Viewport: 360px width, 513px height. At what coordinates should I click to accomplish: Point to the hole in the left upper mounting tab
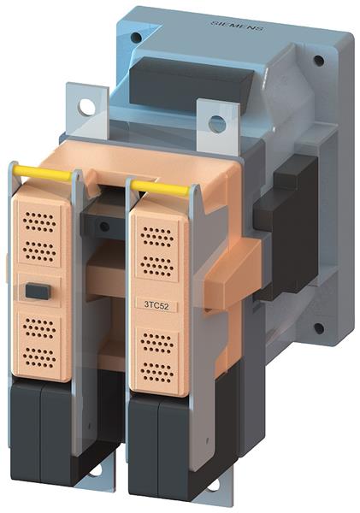coord(87,107)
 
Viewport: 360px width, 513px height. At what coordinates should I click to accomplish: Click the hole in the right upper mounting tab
coord(217,124)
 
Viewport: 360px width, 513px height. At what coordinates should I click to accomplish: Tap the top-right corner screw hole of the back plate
coord(318,62)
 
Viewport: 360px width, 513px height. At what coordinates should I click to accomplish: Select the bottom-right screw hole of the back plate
coord(318,327)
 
